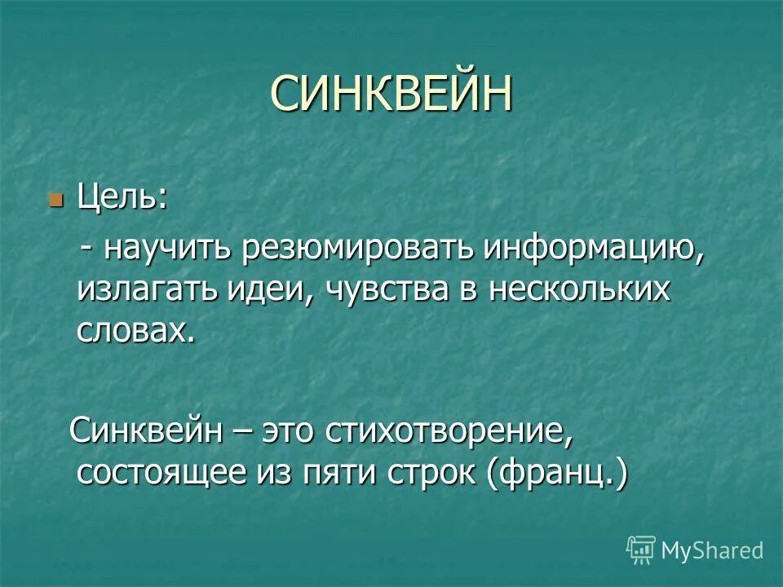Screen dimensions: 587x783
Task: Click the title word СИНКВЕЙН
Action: [x=391, y=94]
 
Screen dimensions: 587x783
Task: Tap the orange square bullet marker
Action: [x=55, y=200]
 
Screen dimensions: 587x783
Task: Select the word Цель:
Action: [x=123, y=198]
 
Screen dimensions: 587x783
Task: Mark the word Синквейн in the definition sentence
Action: [x=147, y=431]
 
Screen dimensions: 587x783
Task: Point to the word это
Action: [x=289, y=431]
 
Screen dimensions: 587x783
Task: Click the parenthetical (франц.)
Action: [x=560, y=474]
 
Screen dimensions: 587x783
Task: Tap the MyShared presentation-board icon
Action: [x=640, y=550]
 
